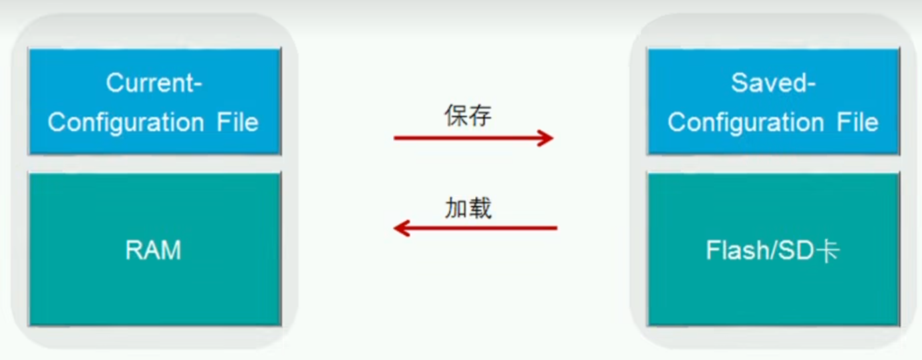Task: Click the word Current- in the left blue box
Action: click(x=154, y=84)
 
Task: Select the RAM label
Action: click(x=153, y=250)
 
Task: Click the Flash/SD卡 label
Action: click(x=772, y=250)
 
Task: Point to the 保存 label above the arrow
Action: click(x=468, y=116)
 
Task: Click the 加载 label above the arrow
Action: click(x=468, y=208)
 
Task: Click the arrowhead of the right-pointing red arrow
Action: click(x=547, y=138)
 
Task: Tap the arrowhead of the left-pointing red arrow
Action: click(x=401, y=228)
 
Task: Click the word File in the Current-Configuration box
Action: click(x=237, y=123)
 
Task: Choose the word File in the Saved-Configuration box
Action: click(x=857, y=123)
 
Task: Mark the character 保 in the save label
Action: click(x=456, y=116)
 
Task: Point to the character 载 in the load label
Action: click(x=480, y=208)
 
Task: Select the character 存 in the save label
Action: click(x=480, y=116)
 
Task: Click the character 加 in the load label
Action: click(x=456, y=208)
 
